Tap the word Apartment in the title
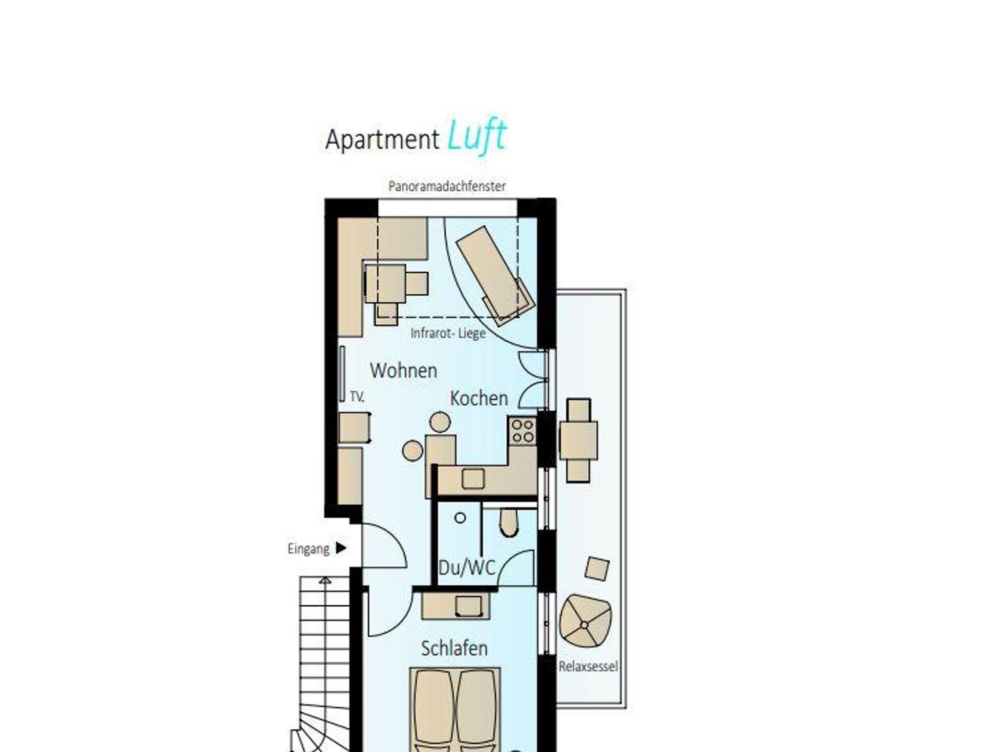(x=382, y=140)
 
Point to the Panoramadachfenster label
(x=447, y=186)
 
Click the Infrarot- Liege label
(x=448, y=333)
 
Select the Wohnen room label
(x=404, y=371)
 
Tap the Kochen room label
(x=479, y=398)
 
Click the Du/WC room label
(x=467, y=568)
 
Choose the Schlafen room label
(x=455, y=648)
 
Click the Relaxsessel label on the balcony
(x=588, y=666)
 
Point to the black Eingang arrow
(x=341, y=548)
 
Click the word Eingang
(x=308, y=549)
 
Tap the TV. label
(x=357, y=397)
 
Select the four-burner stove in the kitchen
(x=522, y=431)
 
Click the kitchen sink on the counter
(x=473, y=479)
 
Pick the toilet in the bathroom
(x=509, y=522)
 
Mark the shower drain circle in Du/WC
(x=460, y=518)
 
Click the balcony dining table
(x=578, y=441)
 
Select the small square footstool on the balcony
(x=597, y=569)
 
